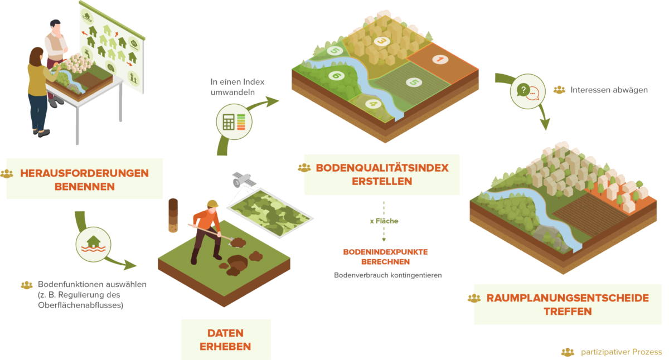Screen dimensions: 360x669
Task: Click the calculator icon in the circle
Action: pyautogui.click(x=234, y=121)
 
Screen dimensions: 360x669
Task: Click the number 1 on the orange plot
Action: pyautogui.click(x=439, y=59)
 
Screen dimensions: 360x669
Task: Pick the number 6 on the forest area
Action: pyautogui.click(x=336, y=76)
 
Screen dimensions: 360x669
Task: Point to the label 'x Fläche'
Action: pyautogui.click(x=384, y=221)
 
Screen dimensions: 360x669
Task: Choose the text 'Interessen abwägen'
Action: pyautogui.click(x=608, y=90)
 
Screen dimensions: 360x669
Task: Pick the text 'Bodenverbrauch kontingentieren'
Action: pyautogui.click(x=388, y=275)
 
